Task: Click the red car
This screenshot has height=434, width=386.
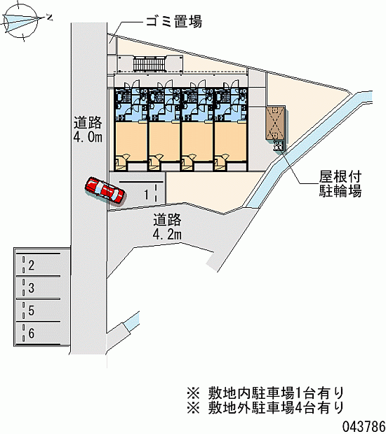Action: point(105,190)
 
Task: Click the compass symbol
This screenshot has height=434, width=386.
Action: point(22,21)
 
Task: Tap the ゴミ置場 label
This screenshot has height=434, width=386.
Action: point(174,21)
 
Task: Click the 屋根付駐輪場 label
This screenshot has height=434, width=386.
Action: point(340,184)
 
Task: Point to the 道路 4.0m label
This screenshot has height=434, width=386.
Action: point(88,130)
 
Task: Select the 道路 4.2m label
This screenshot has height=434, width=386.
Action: point(167,226)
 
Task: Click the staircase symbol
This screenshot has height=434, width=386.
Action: point(149,63)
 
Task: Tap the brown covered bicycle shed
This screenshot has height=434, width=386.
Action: point(276,123)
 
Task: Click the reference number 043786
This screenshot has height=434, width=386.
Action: point(364,426)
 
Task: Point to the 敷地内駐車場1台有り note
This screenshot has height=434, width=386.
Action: point(265,393)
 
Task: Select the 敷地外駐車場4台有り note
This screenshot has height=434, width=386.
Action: point(265,408)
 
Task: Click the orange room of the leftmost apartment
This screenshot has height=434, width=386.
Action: point(131,141)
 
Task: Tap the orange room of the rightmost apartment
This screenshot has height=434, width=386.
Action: point(230,141)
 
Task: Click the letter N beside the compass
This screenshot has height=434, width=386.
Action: point(49,18)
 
